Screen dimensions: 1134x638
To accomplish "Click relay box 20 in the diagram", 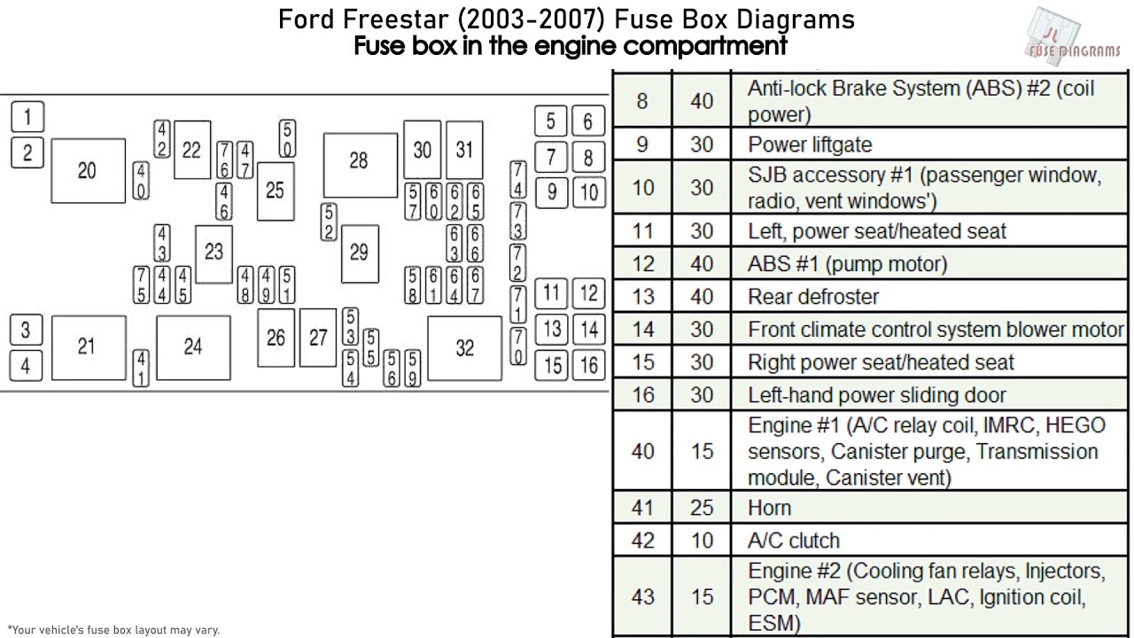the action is pyautogui.click(x=87, y=171).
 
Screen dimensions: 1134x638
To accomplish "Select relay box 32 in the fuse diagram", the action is pyautogui.click(x=464, y=348).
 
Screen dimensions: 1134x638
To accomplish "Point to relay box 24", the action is pyautogui.click(x=193, y=347).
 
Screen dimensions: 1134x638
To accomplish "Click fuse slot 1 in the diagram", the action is pyautogui.click(x=27, y=116).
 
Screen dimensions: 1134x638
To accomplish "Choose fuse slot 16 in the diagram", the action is pyautogui.click(x=589, y=364).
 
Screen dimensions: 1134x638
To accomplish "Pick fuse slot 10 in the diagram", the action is pyautogui.click(x=589, y=191).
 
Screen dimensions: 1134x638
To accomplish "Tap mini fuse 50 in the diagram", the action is pyautogui.click(x=288, y=139).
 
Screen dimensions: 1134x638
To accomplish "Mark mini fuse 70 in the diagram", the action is pyautogui.click(x=518, y=346).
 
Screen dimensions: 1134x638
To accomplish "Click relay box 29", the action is pyautogui.click(x=359, y=253).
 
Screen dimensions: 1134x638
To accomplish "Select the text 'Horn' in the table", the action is pyautogui.click(x=769, y=508).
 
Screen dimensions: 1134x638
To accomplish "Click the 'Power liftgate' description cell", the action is pyautogui.click(x=810, y=144).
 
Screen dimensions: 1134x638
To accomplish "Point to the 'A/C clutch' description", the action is pyautogui.click(x=793, y=541).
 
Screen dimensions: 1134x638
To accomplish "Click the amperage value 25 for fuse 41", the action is pyautogui.click(x=702, y=508).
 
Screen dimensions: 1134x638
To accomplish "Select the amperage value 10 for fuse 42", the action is pyautogui.click(x=702, y=541).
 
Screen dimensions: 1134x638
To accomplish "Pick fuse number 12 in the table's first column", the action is pyautogui.click(x=643, y=264).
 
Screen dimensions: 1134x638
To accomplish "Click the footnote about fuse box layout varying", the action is pyautogui.click(x=113, y=630).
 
